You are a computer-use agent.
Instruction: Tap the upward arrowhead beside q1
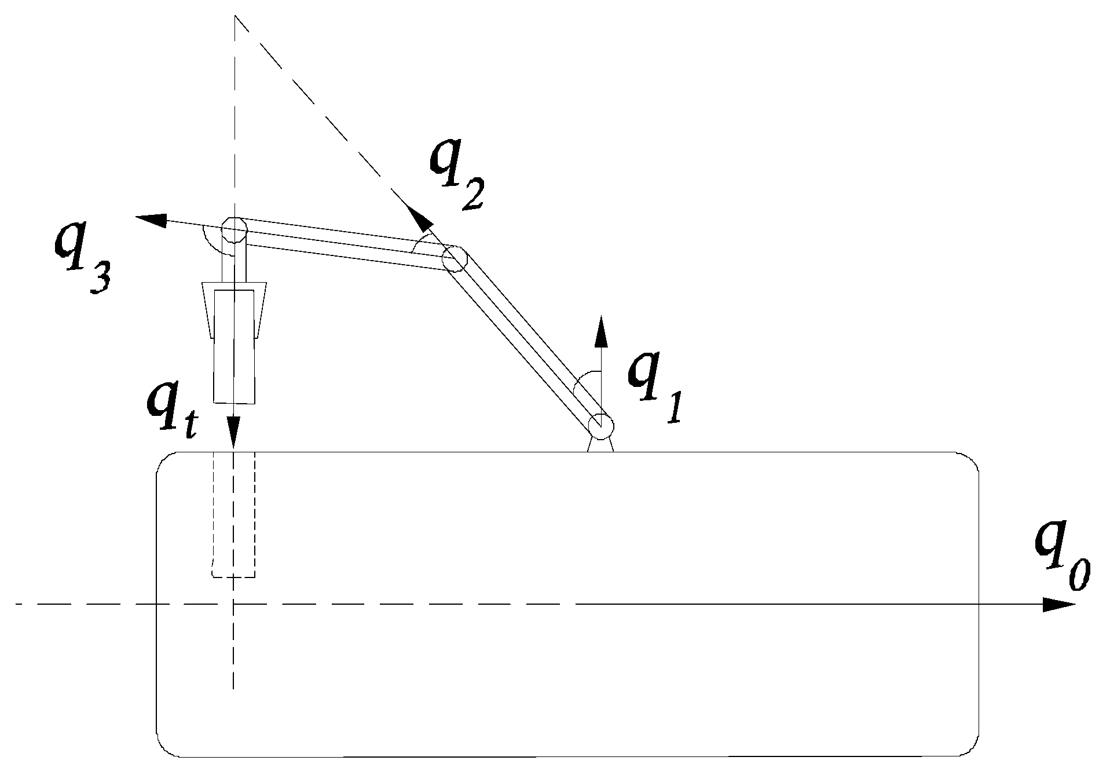pyautogui.click(x=602, y=332)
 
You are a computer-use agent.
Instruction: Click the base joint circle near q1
pyautogui.click(x=600, y=426)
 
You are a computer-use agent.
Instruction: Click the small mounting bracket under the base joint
pyautogui.click(x=600, y=444)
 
